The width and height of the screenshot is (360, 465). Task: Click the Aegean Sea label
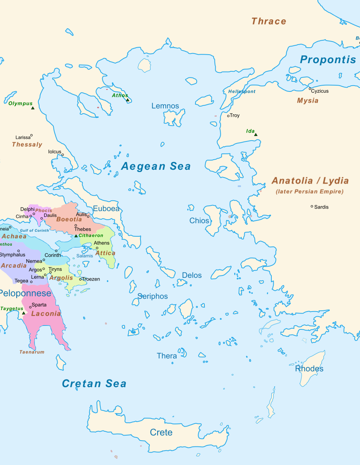tap(156, 166)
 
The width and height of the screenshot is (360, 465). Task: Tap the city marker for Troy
tap(228, 115)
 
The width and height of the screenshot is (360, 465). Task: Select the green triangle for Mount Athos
tap(128, 100)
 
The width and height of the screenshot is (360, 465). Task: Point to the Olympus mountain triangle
tap(33, 108)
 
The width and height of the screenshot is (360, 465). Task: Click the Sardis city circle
tap(312, 207)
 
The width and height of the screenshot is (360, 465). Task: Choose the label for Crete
tap(161, 432)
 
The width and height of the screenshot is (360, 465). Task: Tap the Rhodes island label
tap(309, 369)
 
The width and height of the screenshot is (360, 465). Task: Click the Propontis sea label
tap(328, 60)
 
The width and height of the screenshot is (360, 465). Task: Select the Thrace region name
tap(269, 21)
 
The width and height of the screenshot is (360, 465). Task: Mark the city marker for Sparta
tap(30, 307)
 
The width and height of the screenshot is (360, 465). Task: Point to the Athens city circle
tap(97, 248)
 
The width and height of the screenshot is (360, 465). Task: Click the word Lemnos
tap(165, 106)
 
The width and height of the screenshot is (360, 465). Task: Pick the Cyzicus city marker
tap(310, 89)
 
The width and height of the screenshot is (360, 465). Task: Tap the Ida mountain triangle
tap(255, 134)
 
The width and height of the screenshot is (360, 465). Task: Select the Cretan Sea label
tap(94, 384)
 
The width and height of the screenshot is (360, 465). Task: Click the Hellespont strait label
tap(242, 91)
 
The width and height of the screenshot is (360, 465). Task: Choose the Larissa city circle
tap(31, 136)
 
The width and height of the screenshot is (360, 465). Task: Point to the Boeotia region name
tap(69, 219)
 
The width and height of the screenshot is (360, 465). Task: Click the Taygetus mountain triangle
tap(23, 313)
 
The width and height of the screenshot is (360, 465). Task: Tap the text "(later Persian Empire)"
tap(310, 191)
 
